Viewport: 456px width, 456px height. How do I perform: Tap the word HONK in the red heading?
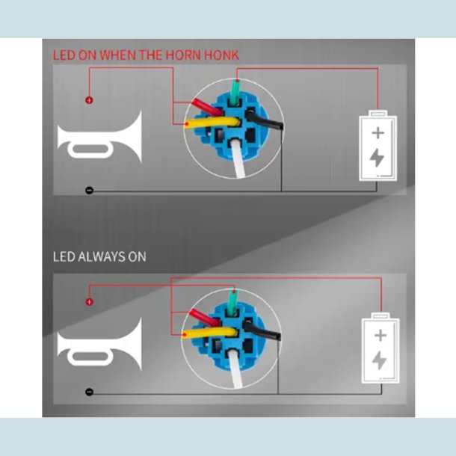point(221,55)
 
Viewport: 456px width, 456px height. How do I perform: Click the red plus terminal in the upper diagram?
point(89,100)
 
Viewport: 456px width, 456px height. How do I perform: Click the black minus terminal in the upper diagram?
point(89,191)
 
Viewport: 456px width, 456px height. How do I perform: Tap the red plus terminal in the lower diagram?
point(89,302)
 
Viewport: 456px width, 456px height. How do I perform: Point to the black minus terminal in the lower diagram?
point(89,392)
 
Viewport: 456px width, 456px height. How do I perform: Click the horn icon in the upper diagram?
point(99,138)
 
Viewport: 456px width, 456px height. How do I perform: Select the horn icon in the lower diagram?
point(99,345)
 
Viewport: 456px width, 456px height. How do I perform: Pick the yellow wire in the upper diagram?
point(212,122)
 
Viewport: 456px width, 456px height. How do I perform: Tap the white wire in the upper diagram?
point(237,158)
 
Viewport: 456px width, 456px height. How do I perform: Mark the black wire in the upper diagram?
point(265,120)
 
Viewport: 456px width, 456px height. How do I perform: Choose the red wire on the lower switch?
point(204,317)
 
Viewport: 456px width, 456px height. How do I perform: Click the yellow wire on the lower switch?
point(209,333)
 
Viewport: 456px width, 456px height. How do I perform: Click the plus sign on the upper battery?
point(378,133)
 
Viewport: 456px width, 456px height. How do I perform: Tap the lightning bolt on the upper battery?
point(377,158)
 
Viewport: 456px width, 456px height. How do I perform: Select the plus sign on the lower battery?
point(380,336)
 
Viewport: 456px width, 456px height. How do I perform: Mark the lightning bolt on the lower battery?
point(379,360)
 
